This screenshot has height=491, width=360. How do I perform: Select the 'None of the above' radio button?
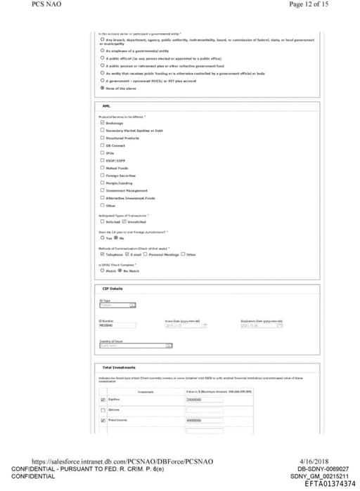coord(103,89)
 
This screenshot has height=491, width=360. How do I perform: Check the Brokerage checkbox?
coord(103,122)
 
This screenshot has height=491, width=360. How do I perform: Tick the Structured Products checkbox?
coord(103,138)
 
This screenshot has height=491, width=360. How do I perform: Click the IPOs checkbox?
coord(103,153)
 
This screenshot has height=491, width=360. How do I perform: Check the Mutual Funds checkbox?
coord(103,168)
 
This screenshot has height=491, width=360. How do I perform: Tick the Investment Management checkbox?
coord(103,190)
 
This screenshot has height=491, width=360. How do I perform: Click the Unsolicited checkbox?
coord(125,221)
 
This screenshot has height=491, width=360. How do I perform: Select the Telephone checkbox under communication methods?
coord(103,254)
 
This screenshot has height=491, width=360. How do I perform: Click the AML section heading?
coord(107,106)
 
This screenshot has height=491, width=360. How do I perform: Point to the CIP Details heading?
coord(112,288)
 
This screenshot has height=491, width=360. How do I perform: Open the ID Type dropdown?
coord(117,306)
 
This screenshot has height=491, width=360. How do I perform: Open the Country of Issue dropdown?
coord(136,346)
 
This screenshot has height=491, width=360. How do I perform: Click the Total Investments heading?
coord(119,367)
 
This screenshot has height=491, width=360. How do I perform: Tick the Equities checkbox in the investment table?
coord(103,399)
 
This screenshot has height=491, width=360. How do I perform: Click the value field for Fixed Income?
coord(203,421)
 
